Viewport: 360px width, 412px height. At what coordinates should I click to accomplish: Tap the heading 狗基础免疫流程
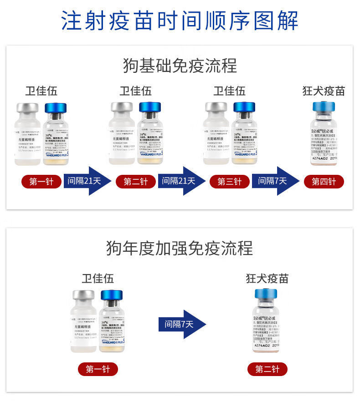(x=180, y=66)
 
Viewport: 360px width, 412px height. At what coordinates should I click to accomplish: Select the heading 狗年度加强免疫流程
(x=180, y=249)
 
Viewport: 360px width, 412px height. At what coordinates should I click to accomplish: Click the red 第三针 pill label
(x=229, y=181)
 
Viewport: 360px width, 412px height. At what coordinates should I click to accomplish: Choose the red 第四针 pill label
(x=324, y=181)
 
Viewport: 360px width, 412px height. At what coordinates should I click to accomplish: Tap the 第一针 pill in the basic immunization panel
(x=41, y=181)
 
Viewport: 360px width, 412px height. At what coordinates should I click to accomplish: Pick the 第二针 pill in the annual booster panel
(x=267, y=369)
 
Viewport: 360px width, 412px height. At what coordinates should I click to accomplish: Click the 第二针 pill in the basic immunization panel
(x=135, y=181)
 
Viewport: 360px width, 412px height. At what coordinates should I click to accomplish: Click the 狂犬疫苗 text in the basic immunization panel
(x=324, y=91)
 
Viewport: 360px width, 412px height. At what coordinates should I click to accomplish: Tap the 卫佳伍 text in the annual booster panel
(x=98, y=278)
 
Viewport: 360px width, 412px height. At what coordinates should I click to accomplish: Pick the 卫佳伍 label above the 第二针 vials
(x=135, y=91)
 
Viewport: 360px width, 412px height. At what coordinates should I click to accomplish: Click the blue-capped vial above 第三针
(x=245, y=134)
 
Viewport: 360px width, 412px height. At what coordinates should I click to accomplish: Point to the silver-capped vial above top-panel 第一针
(x=28, y=134)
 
